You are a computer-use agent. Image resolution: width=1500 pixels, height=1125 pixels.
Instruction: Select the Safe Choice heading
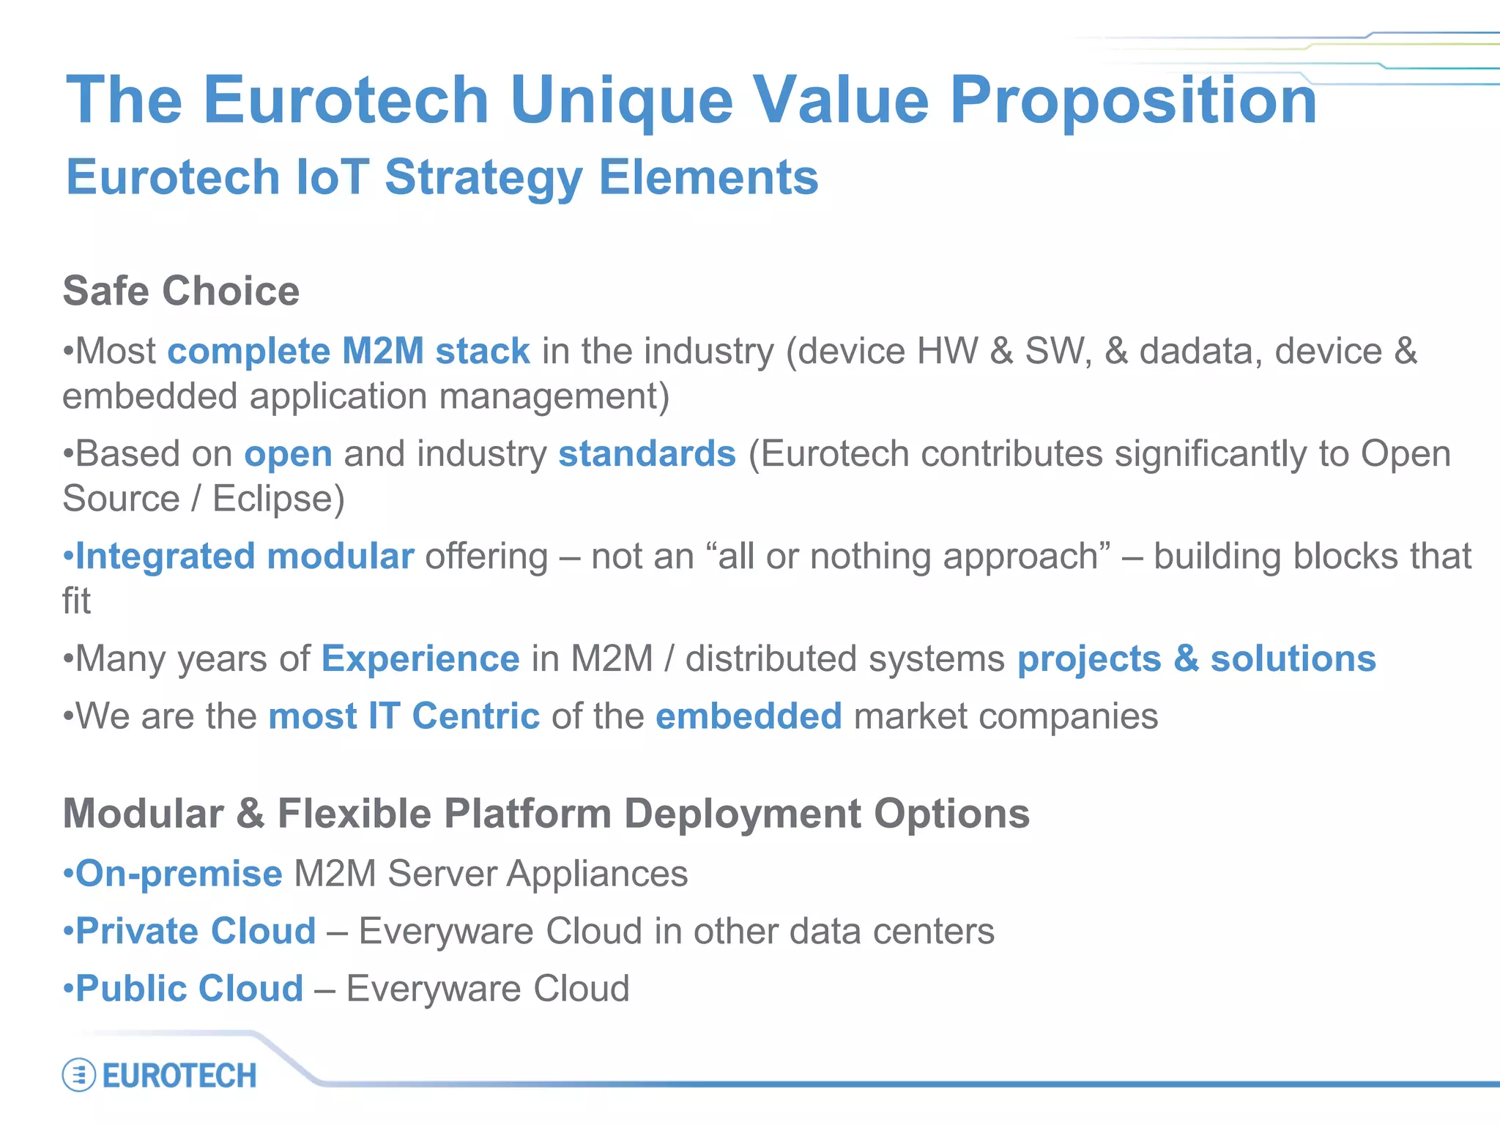point(181,291)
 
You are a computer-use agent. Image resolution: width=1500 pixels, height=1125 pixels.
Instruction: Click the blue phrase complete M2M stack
point(349,351)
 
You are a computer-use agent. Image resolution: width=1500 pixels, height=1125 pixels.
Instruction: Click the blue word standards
point(647,453)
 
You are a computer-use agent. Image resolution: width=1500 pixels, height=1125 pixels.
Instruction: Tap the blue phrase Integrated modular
point(245,556)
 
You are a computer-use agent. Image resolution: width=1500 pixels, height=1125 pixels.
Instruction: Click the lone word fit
point(76,601)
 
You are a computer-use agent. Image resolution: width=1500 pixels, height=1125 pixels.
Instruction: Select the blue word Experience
point(420,658)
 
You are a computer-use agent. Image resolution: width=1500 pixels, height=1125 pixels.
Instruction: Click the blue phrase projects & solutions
point(1196,658)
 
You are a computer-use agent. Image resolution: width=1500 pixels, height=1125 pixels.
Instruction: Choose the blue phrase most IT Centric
point(404,716)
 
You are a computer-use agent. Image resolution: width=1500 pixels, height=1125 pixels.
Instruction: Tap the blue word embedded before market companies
point(749,716)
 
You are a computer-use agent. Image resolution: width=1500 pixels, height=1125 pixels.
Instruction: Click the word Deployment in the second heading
point(743,814)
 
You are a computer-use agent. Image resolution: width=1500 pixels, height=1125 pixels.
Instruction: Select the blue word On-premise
point(179,874)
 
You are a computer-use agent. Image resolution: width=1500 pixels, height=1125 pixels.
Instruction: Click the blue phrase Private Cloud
point(196,931)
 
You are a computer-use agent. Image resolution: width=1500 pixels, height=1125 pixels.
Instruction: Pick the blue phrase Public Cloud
point(189,988)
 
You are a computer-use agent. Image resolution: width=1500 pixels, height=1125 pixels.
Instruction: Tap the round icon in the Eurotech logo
point(79,1075)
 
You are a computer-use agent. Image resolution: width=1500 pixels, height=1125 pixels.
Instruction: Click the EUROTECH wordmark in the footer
point(179,1076)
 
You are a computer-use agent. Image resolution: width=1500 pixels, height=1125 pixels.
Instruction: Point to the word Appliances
point(597,874)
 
